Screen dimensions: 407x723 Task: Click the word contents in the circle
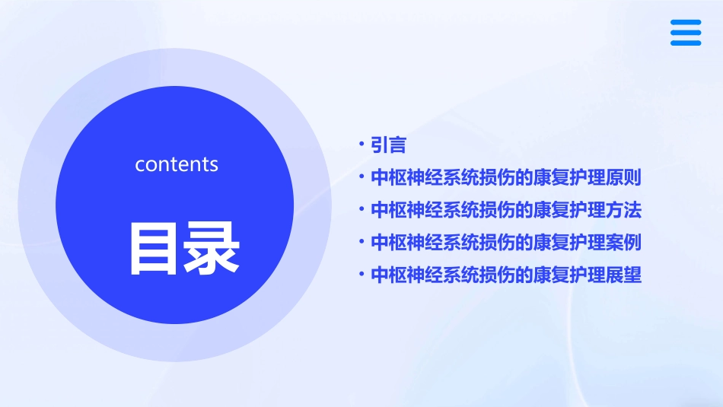pos(177,164)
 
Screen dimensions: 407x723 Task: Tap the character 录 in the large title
pos(211,247)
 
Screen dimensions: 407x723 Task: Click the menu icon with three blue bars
pos(685,33)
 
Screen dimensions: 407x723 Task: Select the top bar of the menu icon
pos(685,23)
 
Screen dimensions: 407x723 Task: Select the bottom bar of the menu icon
pos(685,43)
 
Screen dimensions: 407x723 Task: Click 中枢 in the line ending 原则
pos(388,178)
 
